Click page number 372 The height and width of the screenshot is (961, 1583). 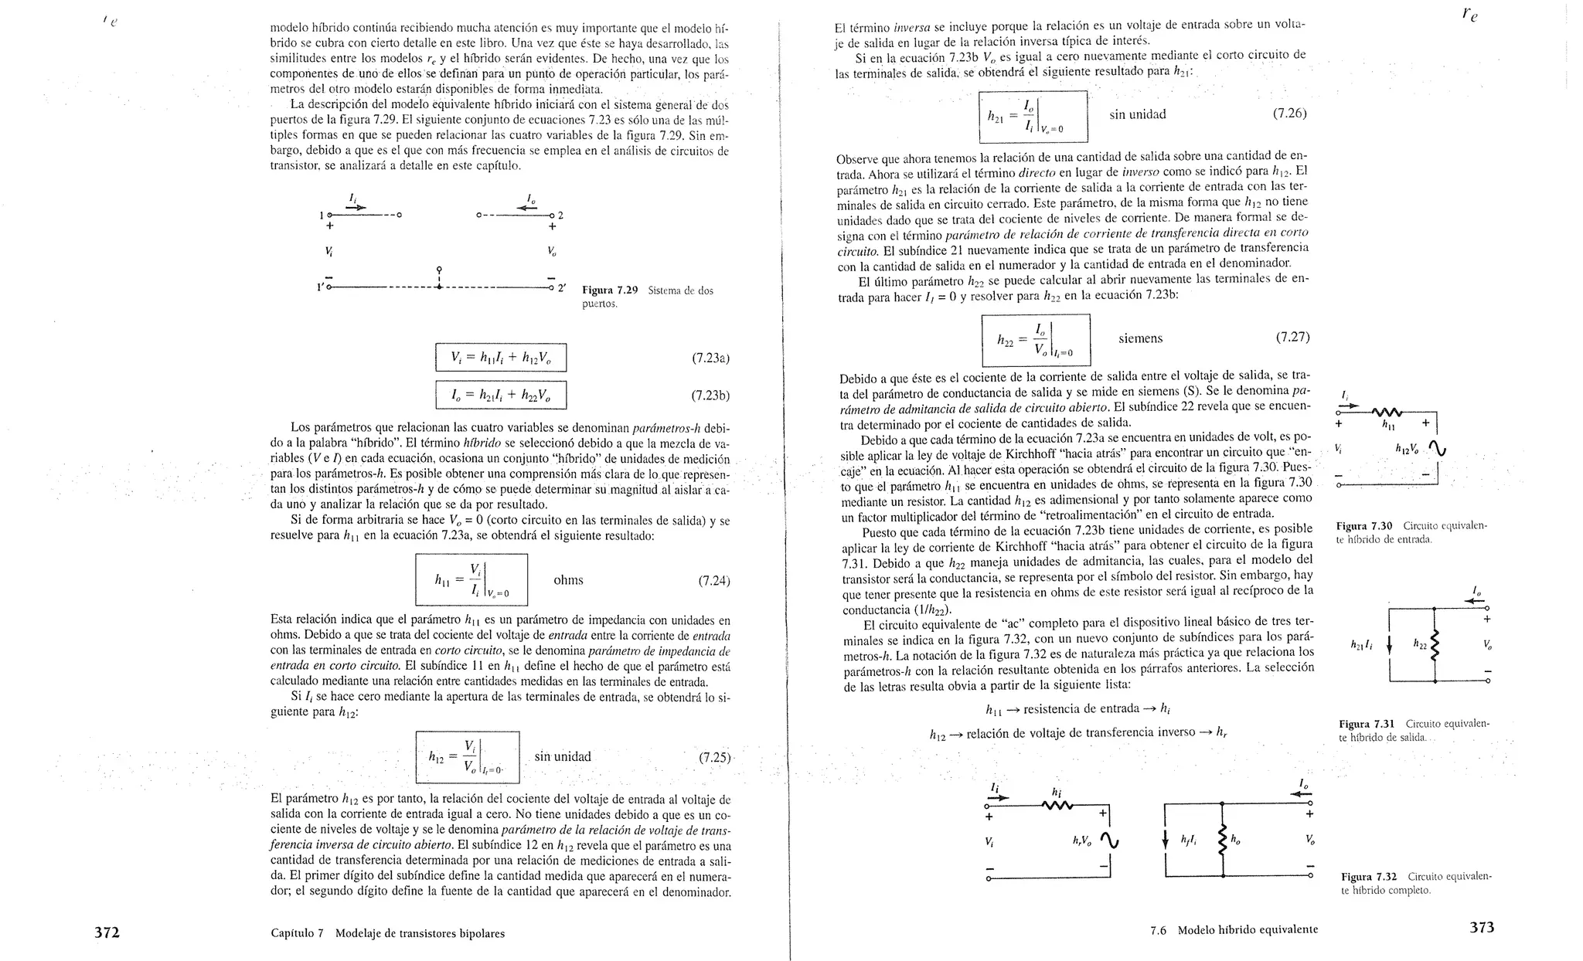coord(107,932)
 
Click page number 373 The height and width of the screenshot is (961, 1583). coord(1481,928)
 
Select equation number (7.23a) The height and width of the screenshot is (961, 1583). coord(710,358)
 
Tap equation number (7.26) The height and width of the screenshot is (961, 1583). coord(1289,114)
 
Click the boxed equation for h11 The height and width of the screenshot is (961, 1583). coord(471,579)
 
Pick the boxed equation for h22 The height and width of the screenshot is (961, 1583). coord(1036,340)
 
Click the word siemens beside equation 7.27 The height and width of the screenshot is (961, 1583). coord(1140,338)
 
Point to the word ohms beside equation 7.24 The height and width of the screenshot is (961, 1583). coord(568,580)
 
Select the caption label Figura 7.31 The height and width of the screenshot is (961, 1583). coord(1366,724)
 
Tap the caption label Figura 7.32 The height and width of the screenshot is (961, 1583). coord(1368,877)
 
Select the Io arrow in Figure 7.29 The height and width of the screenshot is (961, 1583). coord(528,208)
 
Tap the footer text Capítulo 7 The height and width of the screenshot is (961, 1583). coord(298,933)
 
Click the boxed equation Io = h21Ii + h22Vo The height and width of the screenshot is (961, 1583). coord(501,395)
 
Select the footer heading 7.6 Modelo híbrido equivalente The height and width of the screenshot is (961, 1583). coord(1234,930)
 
